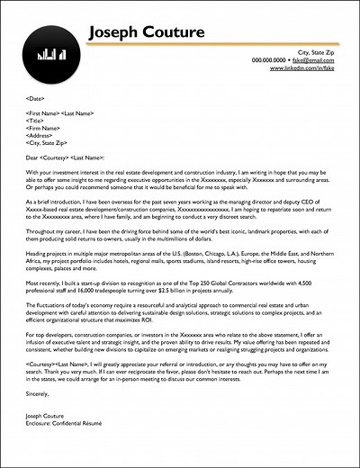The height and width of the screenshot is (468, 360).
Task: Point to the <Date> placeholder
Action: tap(37, 97)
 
